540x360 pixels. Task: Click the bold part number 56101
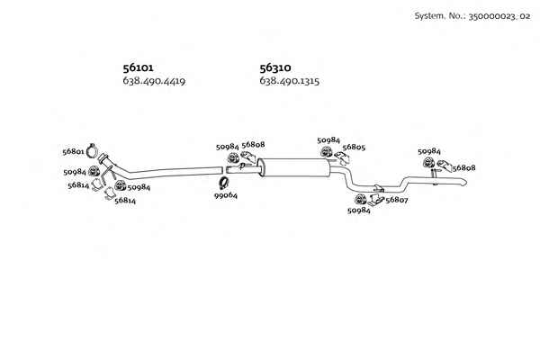[x=138, y=67]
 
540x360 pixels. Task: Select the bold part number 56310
[x=275, y=67]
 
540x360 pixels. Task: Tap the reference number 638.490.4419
[x=154, y=81]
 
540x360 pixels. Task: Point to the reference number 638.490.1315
[x=289, y=81]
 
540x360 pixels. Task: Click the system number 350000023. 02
[x=499, y=16]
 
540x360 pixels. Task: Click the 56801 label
[x=74, y=151]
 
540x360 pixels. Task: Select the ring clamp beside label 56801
[x=92, y=150]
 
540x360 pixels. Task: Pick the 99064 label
[x=226, y=195]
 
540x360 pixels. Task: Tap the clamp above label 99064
[x=224, y=183]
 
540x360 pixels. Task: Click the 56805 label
[x=354, y=147]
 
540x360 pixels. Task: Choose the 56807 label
[x=397, y=200]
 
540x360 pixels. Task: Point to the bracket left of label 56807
[x=375, y=200]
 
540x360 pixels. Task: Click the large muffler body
[x=293, y=167]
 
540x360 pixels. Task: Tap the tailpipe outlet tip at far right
[x=465, y=182]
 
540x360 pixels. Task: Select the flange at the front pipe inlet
[x=103, y=158]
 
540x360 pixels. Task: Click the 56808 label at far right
[x=463, y=168]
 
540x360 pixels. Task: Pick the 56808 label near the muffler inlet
[x=253, y=145]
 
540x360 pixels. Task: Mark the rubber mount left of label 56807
[x=361, y=200]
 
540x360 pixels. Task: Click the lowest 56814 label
[x=125, y=201]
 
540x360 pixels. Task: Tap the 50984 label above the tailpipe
[x=429, y=151]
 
